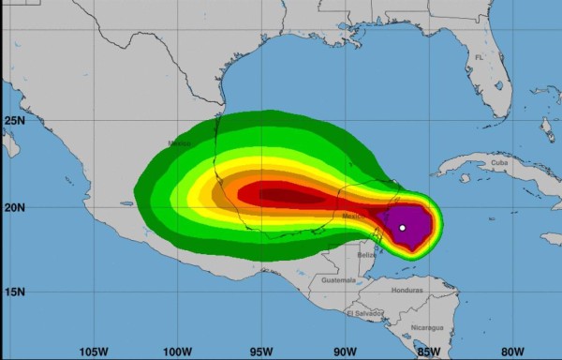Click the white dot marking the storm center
coord(402,228)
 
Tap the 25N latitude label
coord(13,121)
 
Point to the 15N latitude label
coord(13,292)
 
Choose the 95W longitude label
coord(261,352)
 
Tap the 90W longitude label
coord(344,352)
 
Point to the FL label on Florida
coord(480,57)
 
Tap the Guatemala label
coord(339,280)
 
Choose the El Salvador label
coord(363,312)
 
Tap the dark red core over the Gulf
coord(281,195)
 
